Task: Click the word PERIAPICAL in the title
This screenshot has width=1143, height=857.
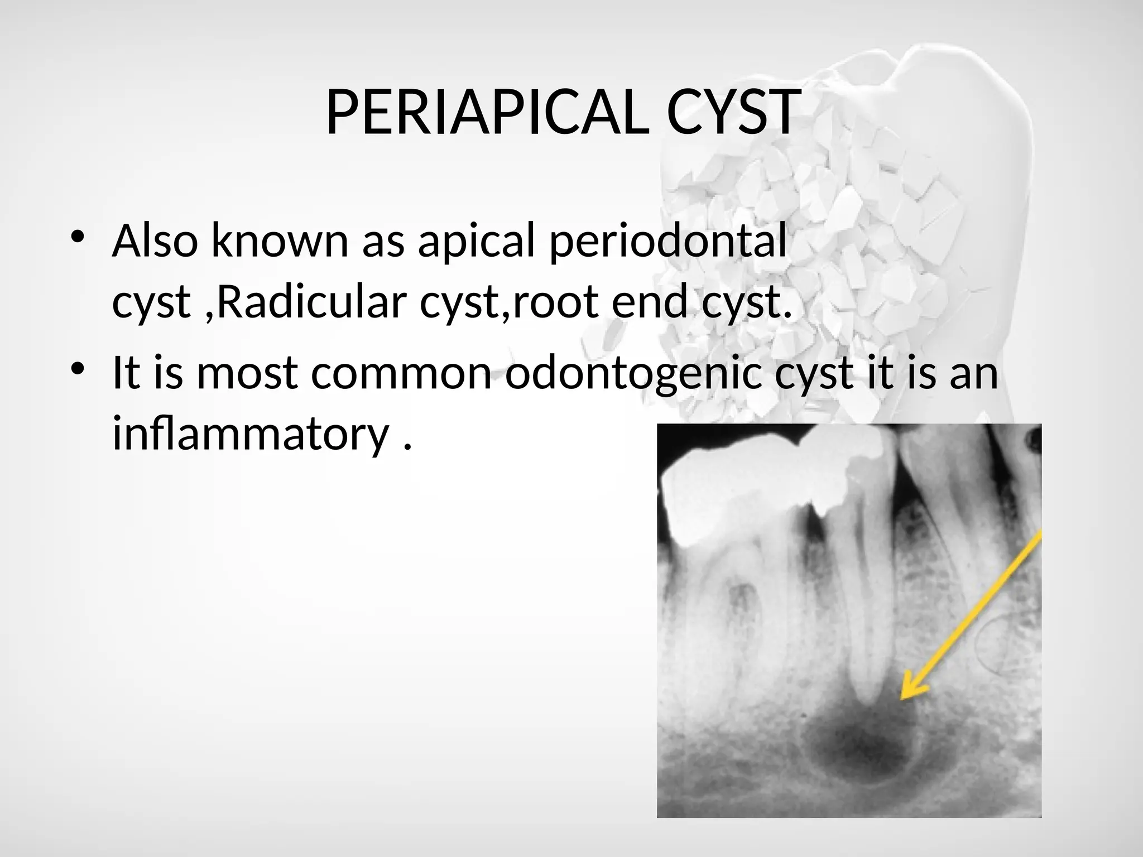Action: pyautogui.click(x=487, y=113)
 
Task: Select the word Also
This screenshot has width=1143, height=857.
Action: pyautogui.click(x=155, y=241)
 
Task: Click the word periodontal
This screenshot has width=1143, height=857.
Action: pyautogui.click(x=667, y=241)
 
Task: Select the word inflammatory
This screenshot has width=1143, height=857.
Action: pyautogui.click(x=250, y=434)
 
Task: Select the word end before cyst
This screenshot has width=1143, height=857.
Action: pyautogui.click(x=649, y=302)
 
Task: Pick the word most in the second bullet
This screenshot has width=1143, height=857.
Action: pyautogui.click(x=247, y=373)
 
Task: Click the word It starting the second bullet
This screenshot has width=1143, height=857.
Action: pyautogui.click(x=126, y=373)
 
